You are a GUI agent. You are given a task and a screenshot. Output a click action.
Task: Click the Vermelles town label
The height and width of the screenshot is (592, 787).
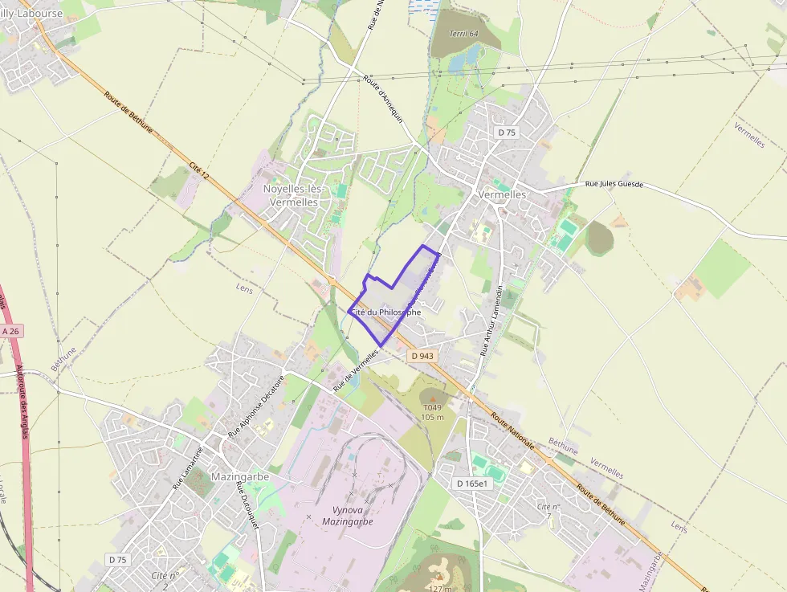click(502, 194)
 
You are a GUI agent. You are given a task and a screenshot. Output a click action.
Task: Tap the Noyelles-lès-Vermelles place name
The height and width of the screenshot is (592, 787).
click(292, 195)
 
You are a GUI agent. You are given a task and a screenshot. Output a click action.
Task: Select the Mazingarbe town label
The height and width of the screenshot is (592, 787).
click(239, 476)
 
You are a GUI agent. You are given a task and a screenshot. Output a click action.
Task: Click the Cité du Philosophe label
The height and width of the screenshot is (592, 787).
click(385, 312)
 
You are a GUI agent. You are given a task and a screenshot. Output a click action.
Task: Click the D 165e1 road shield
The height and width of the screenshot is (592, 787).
click(472, 484)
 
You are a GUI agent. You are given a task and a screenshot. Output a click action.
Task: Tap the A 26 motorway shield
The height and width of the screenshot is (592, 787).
click(10, 331)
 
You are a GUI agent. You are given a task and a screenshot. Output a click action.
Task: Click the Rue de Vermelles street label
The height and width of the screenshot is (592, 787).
click(355, 369)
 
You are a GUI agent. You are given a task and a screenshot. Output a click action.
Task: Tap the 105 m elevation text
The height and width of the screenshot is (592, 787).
click(432, 417)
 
